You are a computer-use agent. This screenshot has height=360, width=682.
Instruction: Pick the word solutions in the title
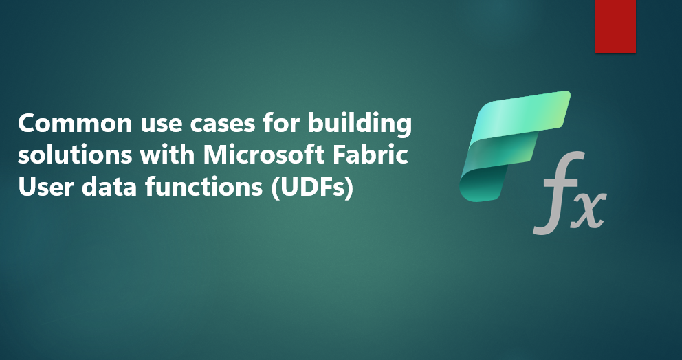tap(75, 156)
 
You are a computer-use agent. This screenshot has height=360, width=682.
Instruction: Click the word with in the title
tap(168, 155)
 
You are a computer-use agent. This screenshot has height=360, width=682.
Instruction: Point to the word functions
tap(203, 188)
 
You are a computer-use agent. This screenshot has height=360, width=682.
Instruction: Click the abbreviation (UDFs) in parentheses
tap(311, 189)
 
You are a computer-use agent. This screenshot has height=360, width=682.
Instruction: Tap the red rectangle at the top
tap(615, 26)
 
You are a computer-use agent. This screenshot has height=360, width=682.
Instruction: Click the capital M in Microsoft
tap(215, 156)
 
